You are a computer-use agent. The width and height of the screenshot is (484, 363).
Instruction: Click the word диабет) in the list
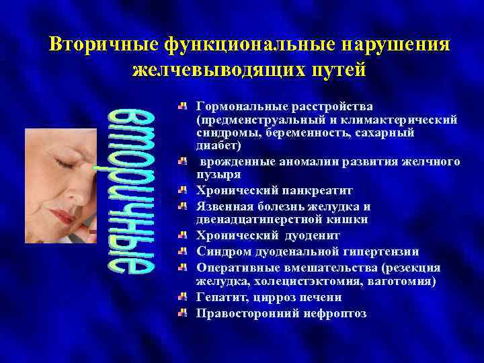click(217, 145)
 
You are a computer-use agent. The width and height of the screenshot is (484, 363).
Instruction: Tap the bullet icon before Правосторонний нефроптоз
click(183, 313)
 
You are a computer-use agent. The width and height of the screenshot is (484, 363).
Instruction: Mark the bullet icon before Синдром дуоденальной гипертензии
click(183, 251)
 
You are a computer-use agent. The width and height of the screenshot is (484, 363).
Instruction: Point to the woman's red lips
click(63, 216)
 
